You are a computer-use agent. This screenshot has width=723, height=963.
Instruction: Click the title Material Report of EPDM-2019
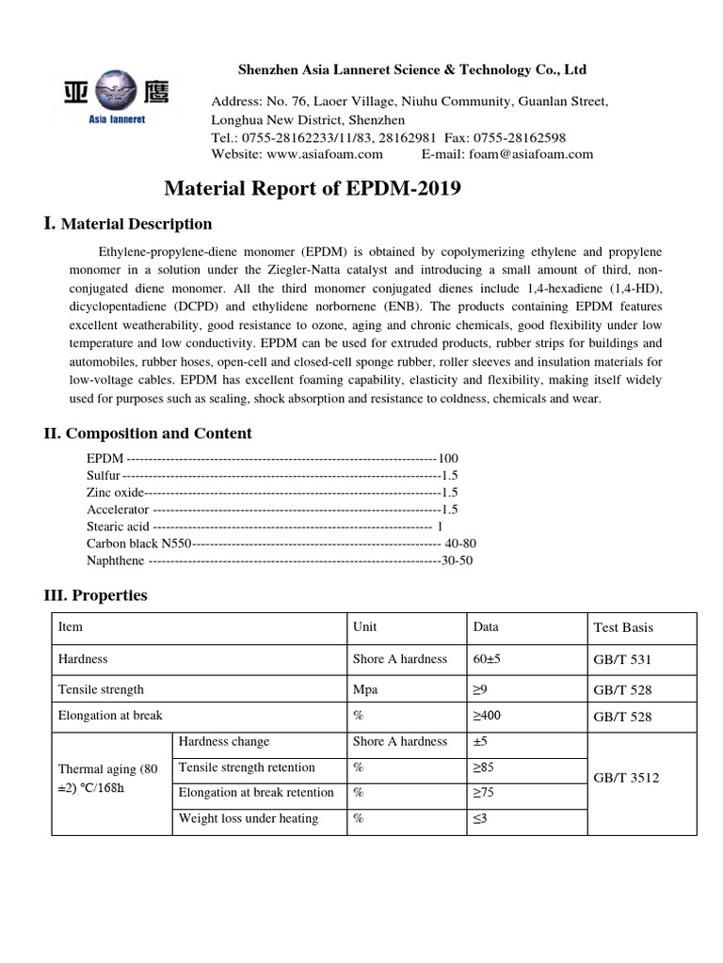313,189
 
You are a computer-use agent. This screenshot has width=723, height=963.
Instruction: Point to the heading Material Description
137,224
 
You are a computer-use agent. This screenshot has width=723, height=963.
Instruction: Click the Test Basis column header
623,627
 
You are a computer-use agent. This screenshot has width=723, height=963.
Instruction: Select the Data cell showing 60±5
487,659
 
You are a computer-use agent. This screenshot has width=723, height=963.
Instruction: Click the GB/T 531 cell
622,660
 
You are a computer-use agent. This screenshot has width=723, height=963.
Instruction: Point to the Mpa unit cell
363,689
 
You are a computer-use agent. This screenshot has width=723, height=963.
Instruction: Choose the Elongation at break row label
110,716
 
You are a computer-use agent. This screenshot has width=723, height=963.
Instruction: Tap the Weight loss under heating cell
249,818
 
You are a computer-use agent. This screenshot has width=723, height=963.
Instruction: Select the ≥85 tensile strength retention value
482,767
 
